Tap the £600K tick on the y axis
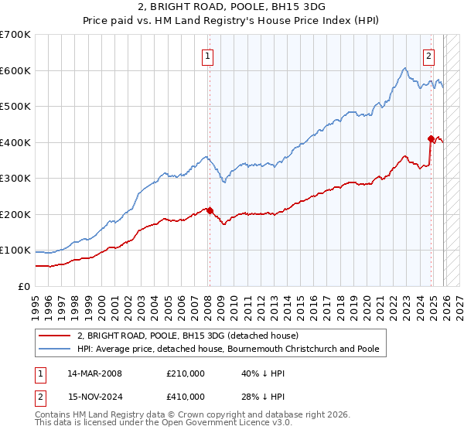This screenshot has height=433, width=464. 15,70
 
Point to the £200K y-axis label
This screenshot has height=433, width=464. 15,214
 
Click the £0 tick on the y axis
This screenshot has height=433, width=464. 23,286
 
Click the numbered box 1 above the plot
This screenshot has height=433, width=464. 209,55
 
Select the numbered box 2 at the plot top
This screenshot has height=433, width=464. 428,55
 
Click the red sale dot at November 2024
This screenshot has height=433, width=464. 431,138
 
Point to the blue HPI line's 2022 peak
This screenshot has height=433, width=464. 404,69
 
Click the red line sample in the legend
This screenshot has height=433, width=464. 56,336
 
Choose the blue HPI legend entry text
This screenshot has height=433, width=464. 228,349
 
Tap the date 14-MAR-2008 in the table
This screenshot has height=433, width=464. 94,373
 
